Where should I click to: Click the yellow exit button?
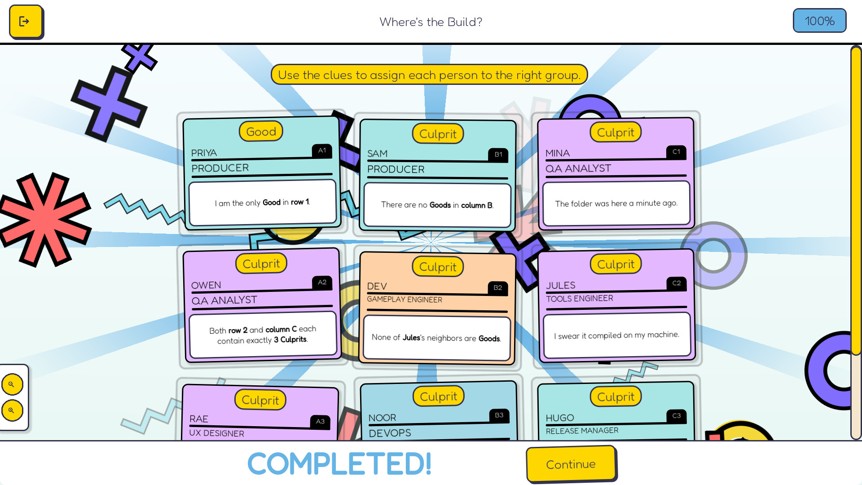[x=26, y=22]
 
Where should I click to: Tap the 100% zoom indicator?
[x=819, y=21]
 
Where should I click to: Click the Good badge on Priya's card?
[x=261, y=132]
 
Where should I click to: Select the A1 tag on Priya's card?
[x=322, y=151]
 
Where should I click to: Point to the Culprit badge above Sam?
[x=438, y=134]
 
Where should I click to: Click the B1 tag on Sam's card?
[x=498, y=154]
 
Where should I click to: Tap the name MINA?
[x=558, y=154]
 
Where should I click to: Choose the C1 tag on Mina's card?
[x=676, y=152]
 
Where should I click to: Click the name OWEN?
[x=206, y=285]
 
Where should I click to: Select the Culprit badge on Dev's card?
[x=438, y=267]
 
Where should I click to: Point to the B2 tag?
[x=497, y=288]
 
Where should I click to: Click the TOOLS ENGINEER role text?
[x=579, y=299]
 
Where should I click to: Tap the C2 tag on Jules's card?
[x=676, y=283]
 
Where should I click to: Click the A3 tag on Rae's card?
[x=320, y=422]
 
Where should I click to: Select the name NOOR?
[x=382, y=418]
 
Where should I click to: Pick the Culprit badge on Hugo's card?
[x=616, y=397]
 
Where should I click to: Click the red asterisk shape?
[x=44, y=219]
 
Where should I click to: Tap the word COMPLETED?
[x=339, y=464]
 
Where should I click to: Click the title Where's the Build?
[x=431, y=22]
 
